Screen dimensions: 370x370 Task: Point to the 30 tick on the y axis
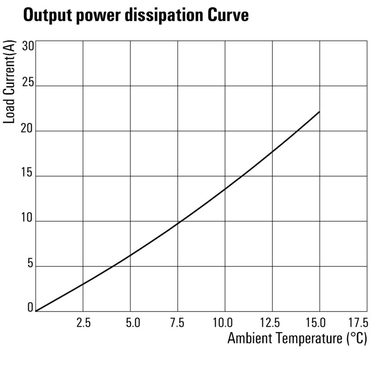point(28,46)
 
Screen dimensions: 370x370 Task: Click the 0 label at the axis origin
point(31,308)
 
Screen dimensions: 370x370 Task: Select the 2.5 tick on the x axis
point(83,322)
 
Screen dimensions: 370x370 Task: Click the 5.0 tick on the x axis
point(131,322)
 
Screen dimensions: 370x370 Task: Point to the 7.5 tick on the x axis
point(178,322)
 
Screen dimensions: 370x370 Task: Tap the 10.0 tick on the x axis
point(225,322)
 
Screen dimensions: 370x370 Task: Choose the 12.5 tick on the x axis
point(272,322)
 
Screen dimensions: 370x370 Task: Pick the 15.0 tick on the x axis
point(319,322)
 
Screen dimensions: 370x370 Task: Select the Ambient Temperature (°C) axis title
point(297,339)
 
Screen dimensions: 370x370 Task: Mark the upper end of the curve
point(319,112)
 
